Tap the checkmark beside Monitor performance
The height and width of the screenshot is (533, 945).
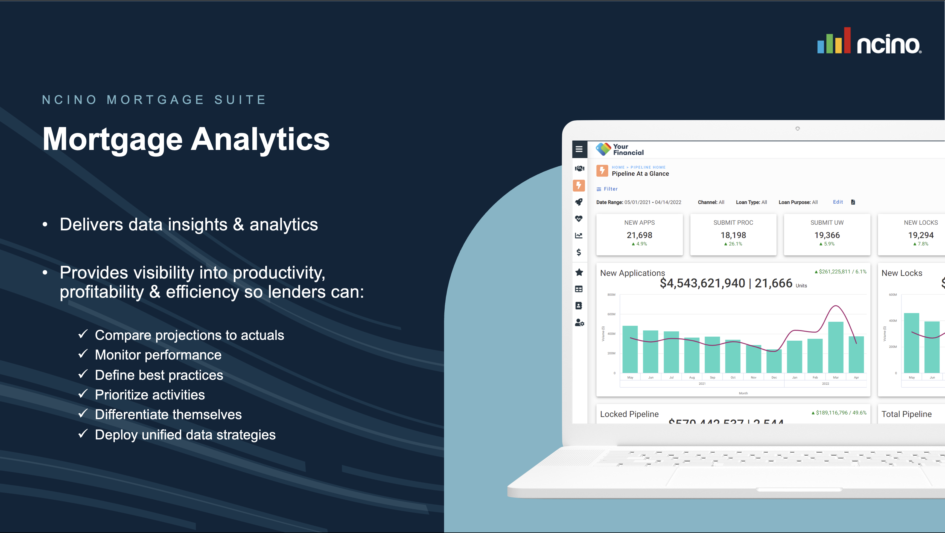click(83, 354)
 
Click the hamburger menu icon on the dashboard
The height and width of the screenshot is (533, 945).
click(579, 149)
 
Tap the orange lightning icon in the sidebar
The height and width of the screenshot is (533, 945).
click(579, 186)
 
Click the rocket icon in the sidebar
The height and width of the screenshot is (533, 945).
click(579, 202)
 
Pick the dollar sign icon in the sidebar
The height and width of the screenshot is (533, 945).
click(579, 252)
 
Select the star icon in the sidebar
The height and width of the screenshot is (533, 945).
click(579, 272)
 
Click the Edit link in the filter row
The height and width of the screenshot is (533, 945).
click(838, 202)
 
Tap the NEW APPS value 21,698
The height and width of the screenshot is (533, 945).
click(639, 235)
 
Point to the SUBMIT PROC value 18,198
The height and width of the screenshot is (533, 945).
click(733, 235)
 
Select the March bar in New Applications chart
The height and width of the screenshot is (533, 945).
click(835, 347)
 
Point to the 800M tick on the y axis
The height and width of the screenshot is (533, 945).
click(611, 294)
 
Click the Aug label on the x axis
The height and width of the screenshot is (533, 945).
click(692, 377)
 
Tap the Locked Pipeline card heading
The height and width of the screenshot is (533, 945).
click(629, 414)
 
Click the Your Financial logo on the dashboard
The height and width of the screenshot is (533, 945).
click(620, 149)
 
